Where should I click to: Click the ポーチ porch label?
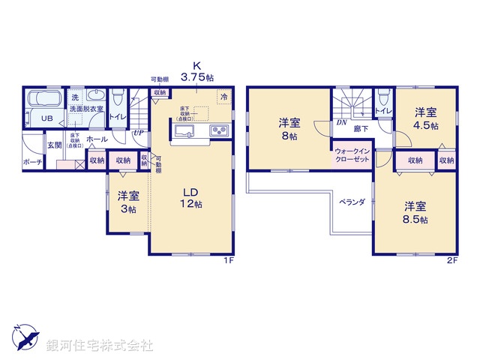tap(32, 162)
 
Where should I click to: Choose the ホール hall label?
tap(96, 139)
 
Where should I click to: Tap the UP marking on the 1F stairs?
tap(138, 132)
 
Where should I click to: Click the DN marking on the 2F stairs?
tap(340, 122)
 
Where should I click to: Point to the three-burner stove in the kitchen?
tap(220, 131)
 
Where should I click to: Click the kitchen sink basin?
tap(185, 132)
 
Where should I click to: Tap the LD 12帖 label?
tap(190, 196)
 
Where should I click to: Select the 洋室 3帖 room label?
tap(128, 202)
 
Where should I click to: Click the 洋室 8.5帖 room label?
tap(415, 211)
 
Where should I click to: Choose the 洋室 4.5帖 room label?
tap(425, 118)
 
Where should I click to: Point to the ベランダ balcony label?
tap(350, 202)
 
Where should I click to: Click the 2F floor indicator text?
tap(451, 260)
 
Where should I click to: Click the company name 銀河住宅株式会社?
tap(99, 346)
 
